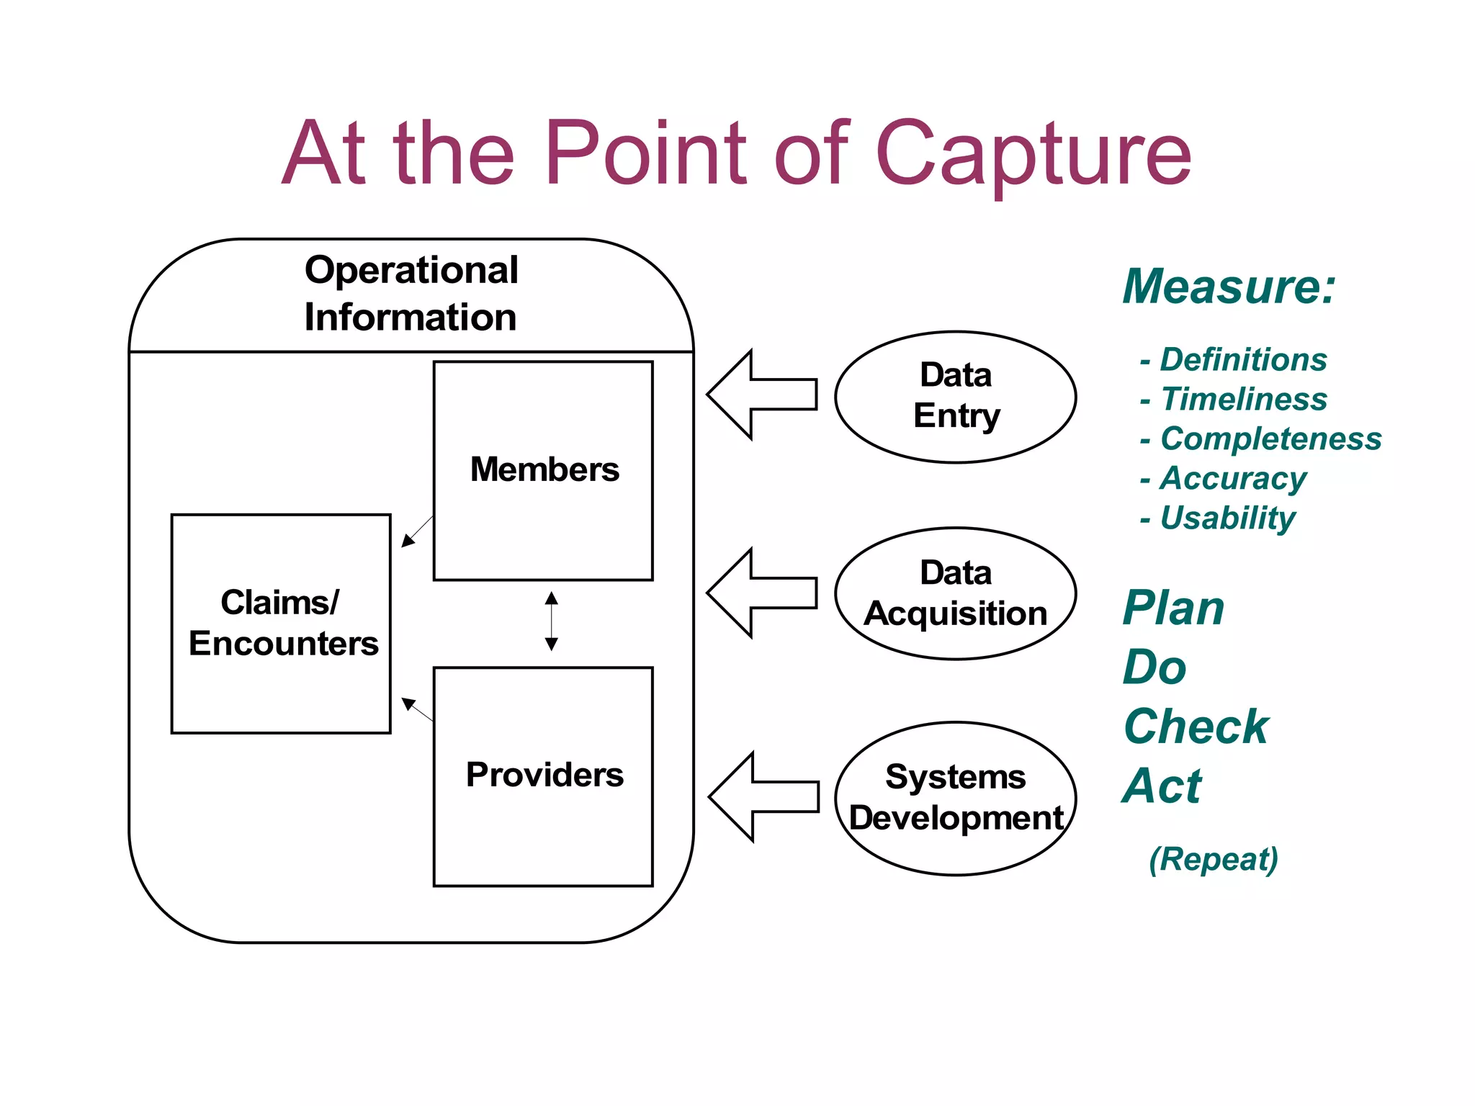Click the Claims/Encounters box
(x=281, y=624)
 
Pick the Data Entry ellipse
(x=955, y=397)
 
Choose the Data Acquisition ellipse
(x=955, y=593)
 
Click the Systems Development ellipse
(x=955, y=798)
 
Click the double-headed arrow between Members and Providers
(x=552, y=621)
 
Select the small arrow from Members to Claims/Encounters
(x=418, y=531)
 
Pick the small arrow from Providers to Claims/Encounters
(x=418, y=709)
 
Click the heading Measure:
(x=1229, y=287)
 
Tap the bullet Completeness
(x=1270, y=439)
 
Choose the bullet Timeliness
(x=1243, y=400)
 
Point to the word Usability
(x=1227, y=518)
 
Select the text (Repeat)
(x=1213, y=859)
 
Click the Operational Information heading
(x=411, y=294)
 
